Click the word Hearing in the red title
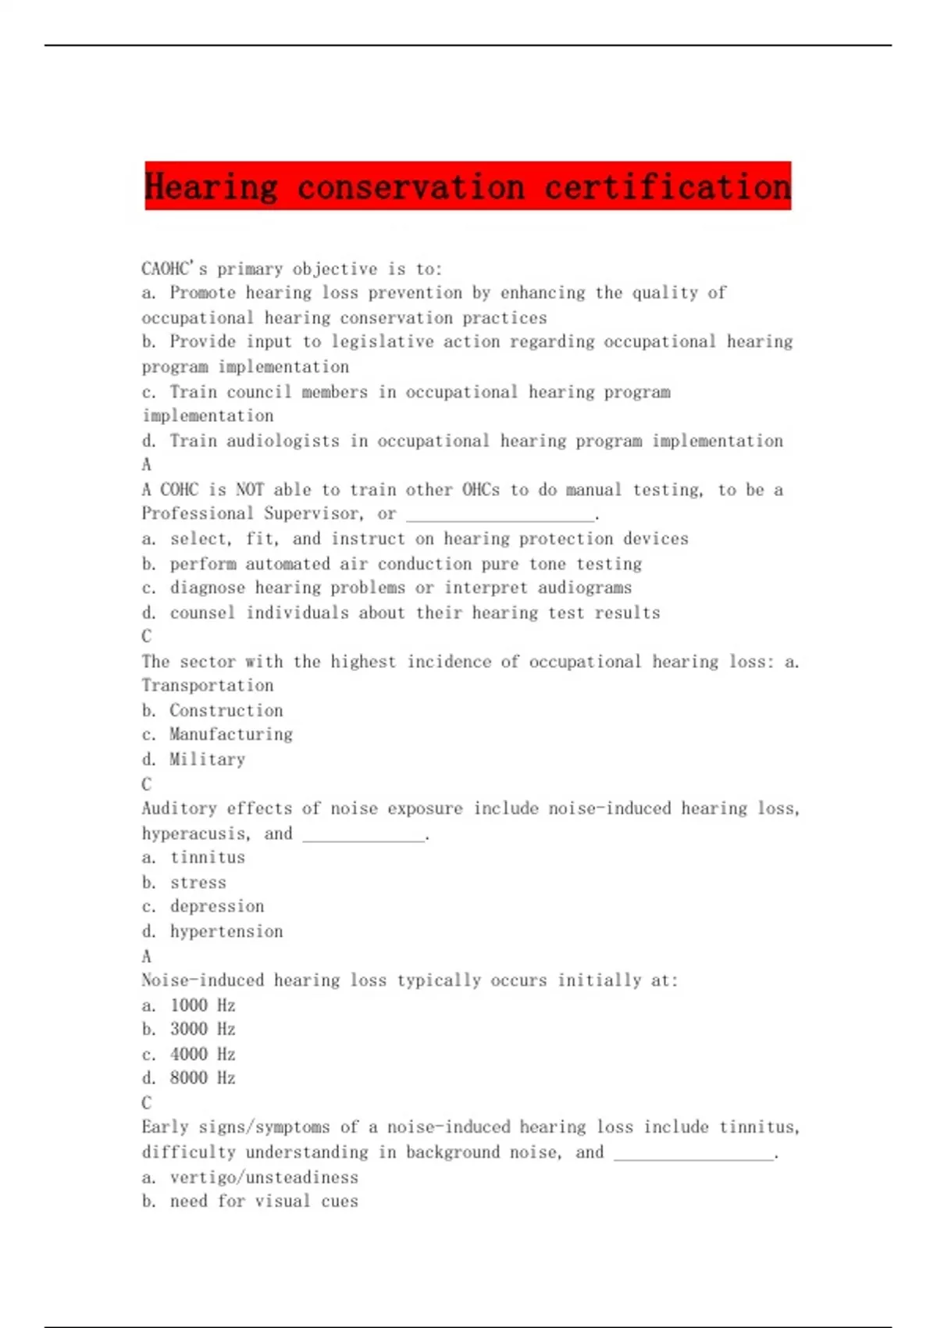coord(211,187)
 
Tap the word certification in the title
coord(668,187)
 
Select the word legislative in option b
coord(383,342)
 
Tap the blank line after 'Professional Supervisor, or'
coord(501,515)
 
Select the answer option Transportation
coord(208,686)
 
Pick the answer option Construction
coord(226,711)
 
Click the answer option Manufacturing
coord(231,735)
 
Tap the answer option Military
coord(208,759)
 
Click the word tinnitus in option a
coord(208,858)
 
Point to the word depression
coord(217,906)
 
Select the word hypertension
coord(226,931)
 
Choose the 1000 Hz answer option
coord(203,1005)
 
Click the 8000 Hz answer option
coord(203,1078)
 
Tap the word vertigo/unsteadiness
coord(264,1177)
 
